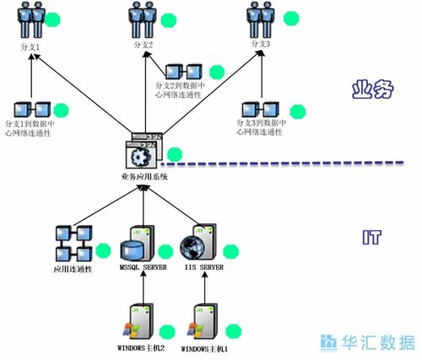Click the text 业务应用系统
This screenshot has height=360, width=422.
click(x=144, y=176)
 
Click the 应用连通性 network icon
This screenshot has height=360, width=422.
click(x=72, y=245)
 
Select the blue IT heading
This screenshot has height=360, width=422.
click(x=371, y=238)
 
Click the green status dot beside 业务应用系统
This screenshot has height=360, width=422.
click(x=175, y=154)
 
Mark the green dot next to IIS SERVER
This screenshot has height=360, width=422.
click(x=230, y=250)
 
